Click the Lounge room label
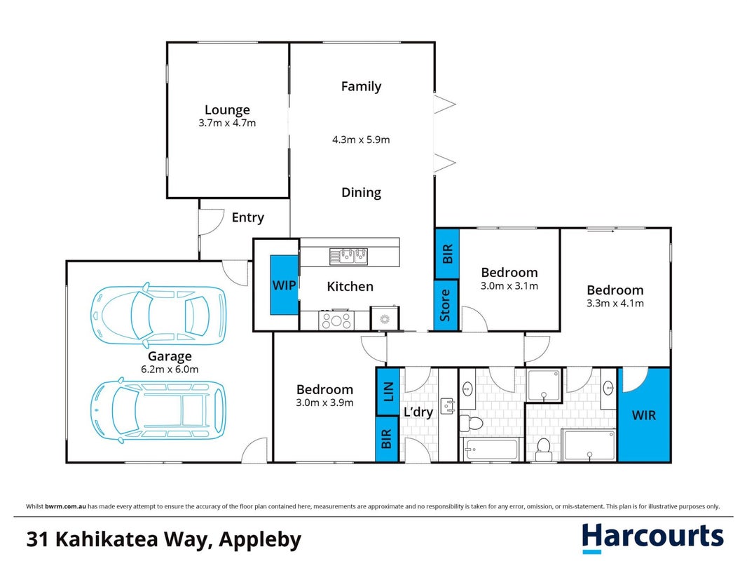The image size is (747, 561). pyautogui.click(x=227, y=109)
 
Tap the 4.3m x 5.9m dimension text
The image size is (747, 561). pyautogui.click(x=361, y=140)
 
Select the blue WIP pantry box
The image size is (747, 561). pyautogui.click(x=284, y=285)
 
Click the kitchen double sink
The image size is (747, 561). pyautogui.click(x=348, y=256)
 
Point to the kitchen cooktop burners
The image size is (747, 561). pyautogui.click(x=336, y=320)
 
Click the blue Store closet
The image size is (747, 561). pyautogui.click(x=446, y=305)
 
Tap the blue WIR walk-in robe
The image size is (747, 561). pyautogui.click(x=643, y=414)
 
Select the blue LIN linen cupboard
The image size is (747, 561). pyautogui.click(x=388, y=391)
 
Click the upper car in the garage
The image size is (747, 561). pyautogui.click(x=158, y=315)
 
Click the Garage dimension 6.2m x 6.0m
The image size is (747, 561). pyautogui.click(x=170, y=370)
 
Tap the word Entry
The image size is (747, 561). pyautogui.click(x=248, y=217)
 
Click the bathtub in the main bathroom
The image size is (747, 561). pyautogui.click(x=491, y=450)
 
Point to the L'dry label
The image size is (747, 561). pyautogui.click(x=418, y=412)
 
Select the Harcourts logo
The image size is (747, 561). pyautogui.click(x=652, y=538)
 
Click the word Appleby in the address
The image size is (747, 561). pyautogui.click(x=260, y=539)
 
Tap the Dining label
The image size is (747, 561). pyautogui.click(x=361, y=193)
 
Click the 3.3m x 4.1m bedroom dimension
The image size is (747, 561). pyautogui.click(x=615, y=303)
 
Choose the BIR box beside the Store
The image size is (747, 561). pyautogui.click(x=447, y=254)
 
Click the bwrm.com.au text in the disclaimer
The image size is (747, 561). pyautogui.click(x=66, y=506)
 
